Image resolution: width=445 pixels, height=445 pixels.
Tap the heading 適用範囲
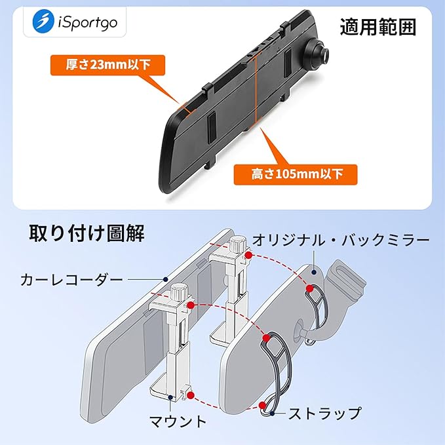click(378, 27)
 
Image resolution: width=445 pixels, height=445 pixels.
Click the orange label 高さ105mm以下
click(296, 174)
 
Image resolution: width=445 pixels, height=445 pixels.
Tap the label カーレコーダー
click(71, 281)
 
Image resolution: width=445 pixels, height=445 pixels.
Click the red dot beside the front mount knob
click(190, 305)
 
